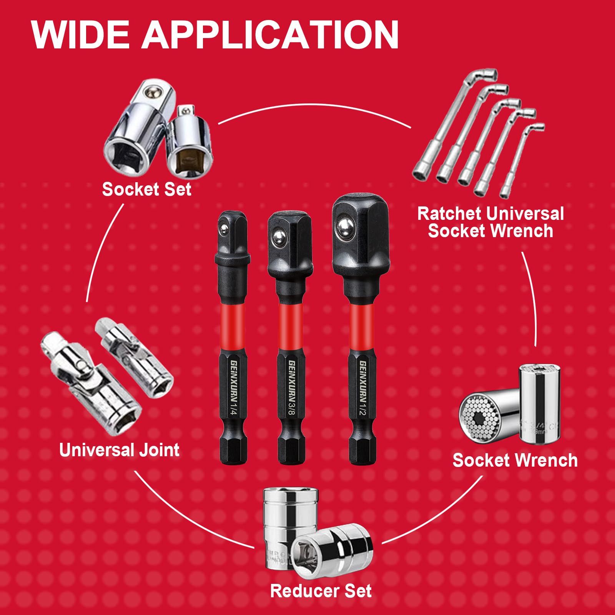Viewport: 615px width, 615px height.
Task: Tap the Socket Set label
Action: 146,189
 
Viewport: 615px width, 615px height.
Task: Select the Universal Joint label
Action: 119,450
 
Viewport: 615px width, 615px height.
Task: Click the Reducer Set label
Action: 321,591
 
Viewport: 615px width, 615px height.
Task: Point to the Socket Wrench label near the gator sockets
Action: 515,460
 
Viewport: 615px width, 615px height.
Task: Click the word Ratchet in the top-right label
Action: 448,214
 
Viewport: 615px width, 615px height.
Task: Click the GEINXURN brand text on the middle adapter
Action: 291,379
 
